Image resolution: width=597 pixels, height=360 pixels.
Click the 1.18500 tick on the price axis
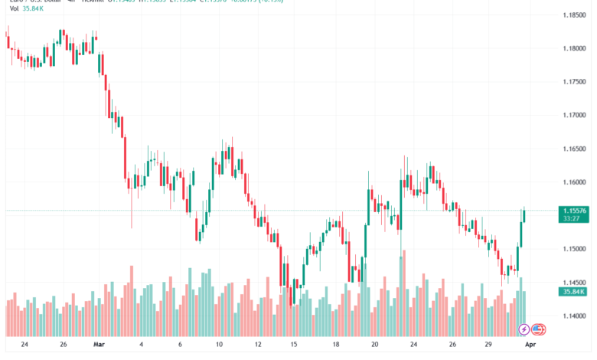pos(574,15)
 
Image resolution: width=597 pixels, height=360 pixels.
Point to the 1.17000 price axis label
pos(574,115)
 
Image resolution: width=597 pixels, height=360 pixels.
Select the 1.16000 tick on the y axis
pos(574,182)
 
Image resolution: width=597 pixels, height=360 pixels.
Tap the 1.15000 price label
pos(574,249)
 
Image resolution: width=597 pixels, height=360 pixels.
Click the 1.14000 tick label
pos(574,316)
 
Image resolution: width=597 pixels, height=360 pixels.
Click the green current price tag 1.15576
pos(574,211)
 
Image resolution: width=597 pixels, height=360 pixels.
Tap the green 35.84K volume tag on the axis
pos(574,292)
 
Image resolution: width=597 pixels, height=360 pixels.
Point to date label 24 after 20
pos(413,344)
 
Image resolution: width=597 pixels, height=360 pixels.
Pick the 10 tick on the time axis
pos(218,344)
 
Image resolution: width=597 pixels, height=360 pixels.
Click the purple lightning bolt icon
pos(524,329)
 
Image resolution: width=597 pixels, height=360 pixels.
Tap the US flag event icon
pos(537,329)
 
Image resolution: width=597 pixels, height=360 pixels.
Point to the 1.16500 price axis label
pos(574,149)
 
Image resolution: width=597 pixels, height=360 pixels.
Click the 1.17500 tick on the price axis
pos(574,82)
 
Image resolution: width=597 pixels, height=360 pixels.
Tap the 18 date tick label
pos(335,344)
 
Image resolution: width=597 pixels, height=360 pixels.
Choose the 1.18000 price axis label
pos(574,48)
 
